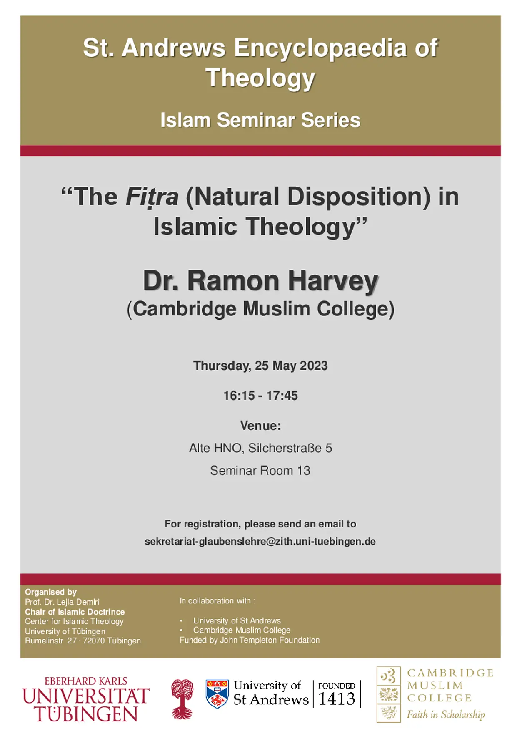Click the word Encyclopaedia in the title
(x=320, y=48)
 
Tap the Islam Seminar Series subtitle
(x=260, y=120)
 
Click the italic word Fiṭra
(x=152, y=197)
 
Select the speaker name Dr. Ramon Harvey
(x=261, y=280)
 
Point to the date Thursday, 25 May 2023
(x=260, y=366)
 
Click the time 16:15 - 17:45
(x=260, y=396)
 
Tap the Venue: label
(x=260, y=426)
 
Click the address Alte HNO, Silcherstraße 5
(x=260, y=448)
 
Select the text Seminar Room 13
(x=260, y=471)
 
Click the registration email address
(x=260, y=542)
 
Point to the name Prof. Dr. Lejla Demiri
(x=62, y=602)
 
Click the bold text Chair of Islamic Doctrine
(x=75, y=612)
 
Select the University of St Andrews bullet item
(x=237, y=620)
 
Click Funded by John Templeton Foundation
(x=250, y=640)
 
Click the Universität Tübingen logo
(x=86, y=699)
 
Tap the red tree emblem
(x=182, y=699)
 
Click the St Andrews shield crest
(x=217, y=694)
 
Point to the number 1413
(x=337, y=699)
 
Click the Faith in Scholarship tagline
(x=446, y=715)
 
